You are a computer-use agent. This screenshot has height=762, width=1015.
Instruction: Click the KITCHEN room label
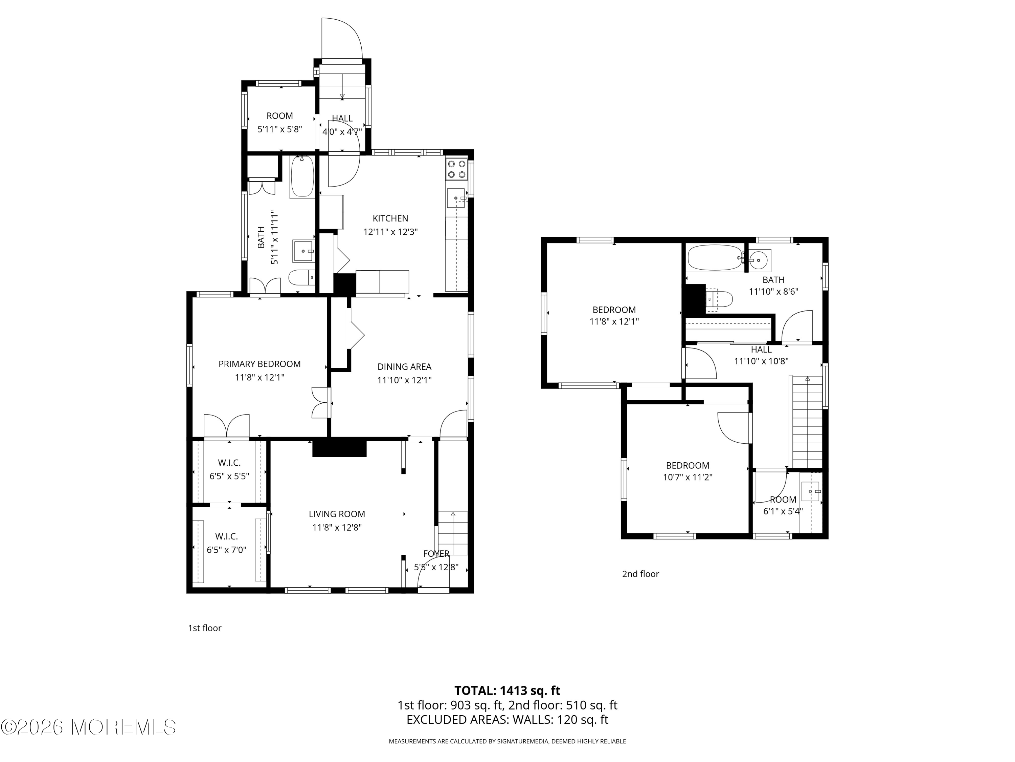pos(390,219)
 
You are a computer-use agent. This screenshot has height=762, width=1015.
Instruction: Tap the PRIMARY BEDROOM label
pos(260,364)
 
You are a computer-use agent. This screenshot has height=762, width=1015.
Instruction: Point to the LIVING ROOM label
pos(337,514)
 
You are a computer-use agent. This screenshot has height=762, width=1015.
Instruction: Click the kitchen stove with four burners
pos(456,169)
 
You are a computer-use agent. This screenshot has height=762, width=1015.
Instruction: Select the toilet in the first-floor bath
pos(301,277)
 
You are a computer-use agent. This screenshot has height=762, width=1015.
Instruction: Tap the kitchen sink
pos(456,198)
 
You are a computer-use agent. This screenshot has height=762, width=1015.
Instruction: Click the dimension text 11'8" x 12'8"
pos(337,528)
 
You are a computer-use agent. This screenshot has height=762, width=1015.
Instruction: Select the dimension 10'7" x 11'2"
pos(687,477)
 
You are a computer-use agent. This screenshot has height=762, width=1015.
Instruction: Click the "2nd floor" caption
pos(640,574)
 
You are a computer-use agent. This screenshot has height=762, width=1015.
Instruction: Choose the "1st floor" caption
pos(205,628)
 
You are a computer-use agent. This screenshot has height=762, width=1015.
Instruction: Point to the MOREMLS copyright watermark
pos(88,727)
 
